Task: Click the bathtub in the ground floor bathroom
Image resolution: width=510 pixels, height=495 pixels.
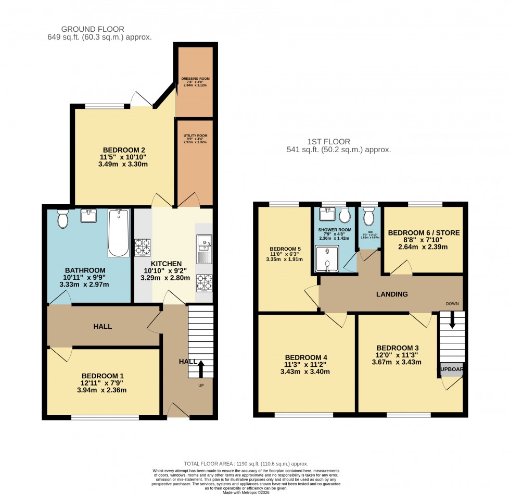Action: [119, 233]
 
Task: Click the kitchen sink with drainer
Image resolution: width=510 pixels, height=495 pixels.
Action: [204, 249]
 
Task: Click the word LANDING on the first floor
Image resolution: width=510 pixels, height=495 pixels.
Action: [392, 294]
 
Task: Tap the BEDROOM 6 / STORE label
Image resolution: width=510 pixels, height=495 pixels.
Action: [424, 233]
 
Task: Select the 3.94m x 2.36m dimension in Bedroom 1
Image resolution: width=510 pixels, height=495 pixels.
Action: [102, 390]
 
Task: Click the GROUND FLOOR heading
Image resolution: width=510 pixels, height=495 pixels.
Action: [93, 29]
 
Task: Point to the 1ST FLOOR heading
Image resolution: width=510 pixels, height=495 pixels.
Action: [328, 141]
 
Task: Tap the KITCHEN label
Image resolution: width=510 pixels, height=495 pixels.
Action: [166, 264]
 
